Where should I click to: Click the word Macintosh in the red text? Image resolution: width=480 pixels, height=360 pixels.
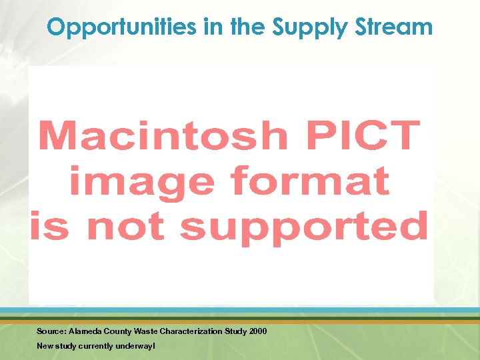[x=163, y=136]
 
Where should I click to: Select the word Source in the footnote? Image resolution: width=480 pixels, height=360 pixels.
[x=51, y=331]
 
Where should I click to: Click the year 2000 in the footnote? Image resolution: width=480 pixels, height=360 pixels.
[x=258, y=331]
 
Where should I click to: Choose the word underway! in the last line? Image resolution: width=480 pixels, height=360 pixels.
[x=136, y=346]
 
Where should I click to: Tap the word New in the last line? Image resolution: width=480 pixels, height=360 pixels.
[x=44, y=346]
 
